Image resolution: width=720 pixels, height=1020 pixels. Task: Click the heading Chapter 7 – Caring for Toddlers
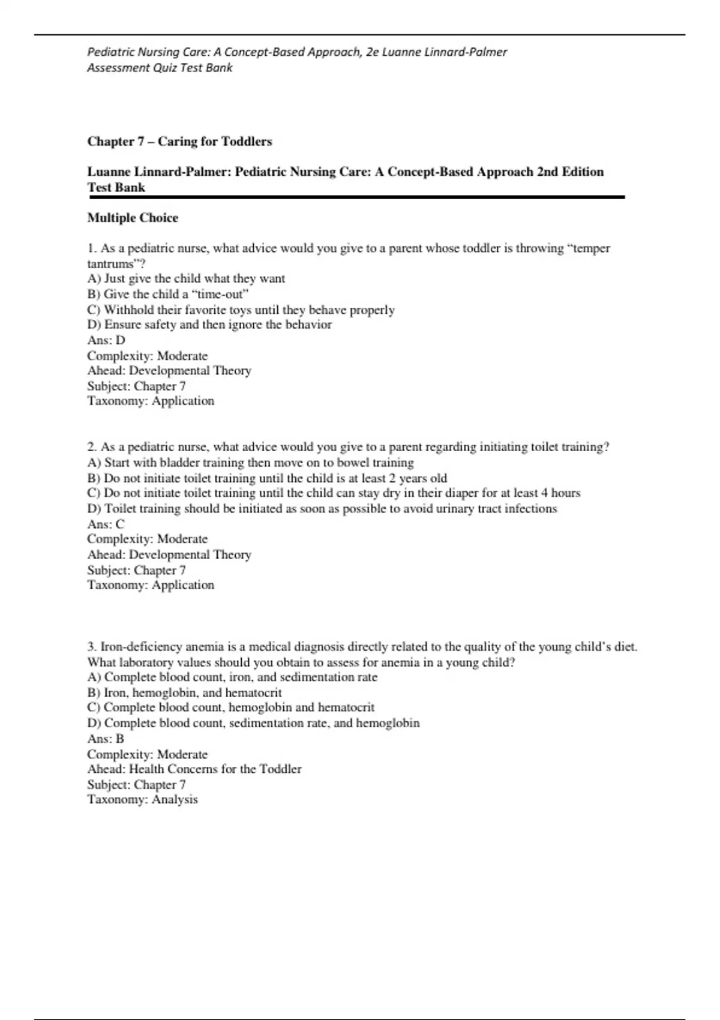tap(179, 142)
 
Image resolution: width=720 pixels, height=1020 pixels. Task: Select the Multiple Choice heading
tap(133, 218)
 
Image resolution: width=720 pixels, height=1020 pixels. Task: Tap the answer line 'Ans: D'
tap(106, 340)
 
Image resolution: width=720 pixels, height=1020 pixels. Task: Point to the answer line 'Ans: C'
tap(106, 524)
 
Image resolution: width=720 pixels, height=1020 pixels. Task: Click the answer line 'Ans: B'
tap(106, 739)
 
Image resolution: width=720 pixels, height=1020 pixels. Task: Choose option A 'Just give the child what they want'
tap(186, 278)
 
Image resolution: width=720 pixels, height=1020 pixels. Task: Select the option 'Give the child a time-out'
tap(168, 294)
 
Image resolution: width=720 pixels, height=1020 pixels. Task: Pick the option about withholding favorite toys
tap(241, 310)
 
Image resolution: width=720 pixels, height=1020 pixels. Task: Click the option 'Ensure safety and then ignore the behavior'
tap(209, 325)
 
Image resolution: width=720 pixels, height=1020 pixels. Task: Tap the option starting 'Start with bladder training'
tap(250, 463)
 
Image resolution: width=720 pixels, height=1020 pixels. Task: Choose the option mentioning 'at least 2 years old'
tap(267, 478)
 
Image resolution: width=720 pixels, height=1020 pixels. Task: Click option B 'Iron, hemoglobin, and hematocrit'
tap(184, 692)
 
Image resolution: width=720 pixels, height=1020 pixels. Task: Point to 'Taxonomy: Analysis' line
tap(142, 799)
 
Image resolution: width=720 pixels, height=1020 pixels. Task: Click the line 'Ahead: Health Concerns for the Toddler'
tap(194, 769)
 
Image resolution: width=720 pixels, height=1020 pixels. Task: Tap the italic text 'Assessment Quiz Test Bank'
tap(160, 68)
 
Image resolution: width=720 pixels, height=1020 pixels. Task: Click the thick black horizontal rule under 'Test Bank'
tap(356, 197)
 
